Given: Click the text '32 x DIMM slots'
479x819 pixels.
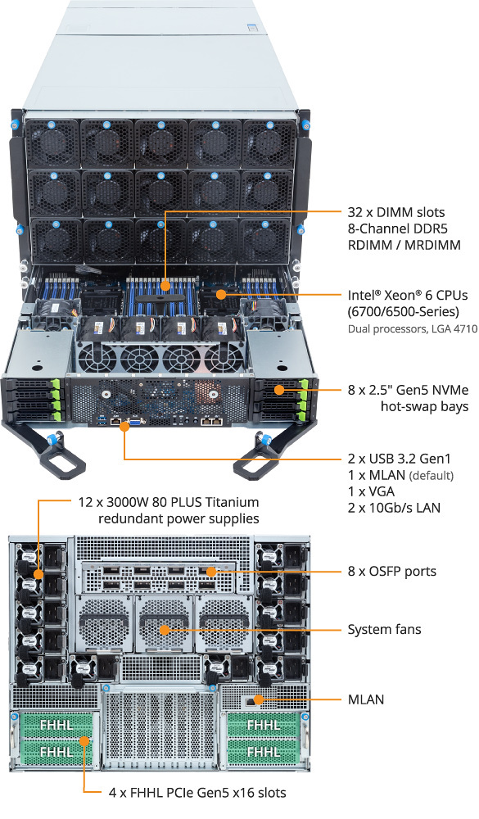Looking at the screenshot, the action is click(x=396, y=212).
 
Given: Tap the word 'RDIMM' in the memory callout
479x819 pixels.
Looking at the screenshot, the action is click(x=370, y=244).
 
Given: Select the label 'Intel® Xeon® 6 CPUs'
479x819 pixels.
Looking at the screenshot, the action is click(x=408, y=295).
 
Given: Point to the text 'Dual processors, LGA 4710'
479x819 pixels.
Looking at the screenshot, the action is click(x=413, y=329).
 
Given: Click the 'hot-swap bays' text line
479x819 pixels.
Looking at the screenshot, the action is click(x=424, y=406).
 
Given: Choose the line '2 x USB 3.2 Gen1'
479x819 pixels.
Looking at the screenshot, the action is click(x=399, y=459).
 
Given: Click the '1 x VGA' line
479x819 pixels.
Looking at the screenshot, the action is click(x=371, y=491).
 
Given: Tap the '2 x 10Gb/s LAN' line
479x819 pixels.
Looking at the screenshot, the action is click(x=394, y=507).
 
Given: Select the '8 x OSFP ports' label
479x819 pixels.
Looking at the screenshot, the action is click(x=391, y=571).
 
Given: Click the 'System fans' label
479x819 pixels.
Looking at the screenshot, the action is click(x=384, y=629).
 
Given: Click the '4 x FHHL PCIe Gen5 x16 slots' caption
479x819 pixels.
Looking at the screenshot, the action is click(x=197, y=792).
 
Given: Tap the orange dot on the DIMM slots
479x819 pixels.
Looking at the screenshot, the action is click(x=165, y=286).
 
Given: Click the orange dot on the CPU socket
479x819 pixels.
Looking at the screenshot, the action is click(x=221, y=295).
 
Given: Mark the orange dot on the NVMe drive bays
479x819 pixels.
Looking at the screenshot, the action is click(x=279, y=390).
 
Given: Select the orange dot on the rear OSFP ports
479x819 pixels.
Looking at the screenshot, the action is click(x=210, y=572).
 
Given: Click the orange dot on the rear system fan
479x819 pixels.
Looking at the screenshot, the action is click(x=165, y=630).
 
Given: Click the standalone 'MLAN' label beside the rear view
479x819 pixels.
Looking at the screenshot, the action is click(x=366, y=699).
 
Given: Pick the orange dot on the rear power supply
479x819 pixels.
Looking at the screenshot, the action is click(x=38, y=574).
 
